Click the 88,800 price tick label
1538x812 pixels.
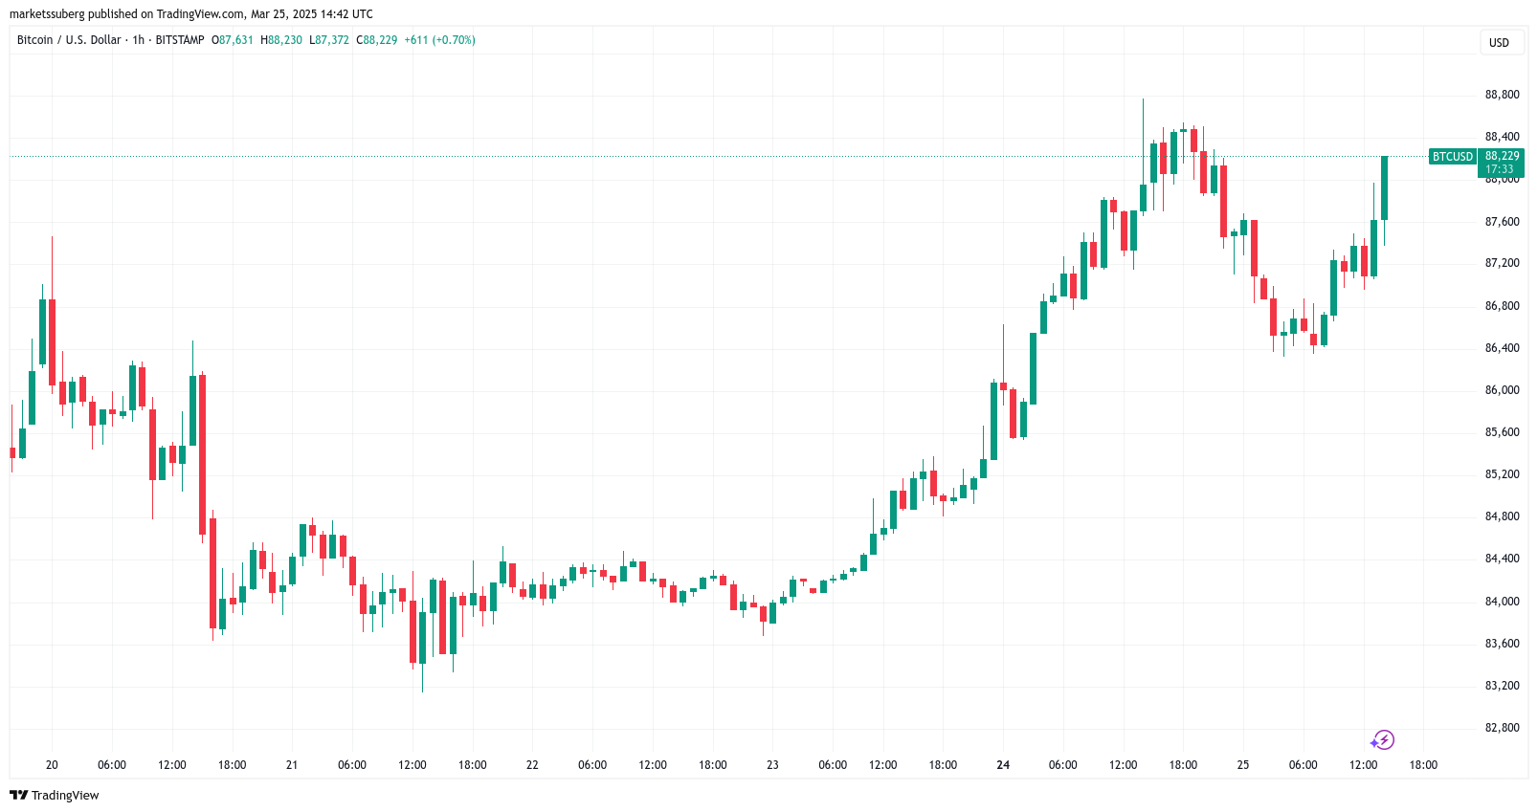pyautogui.click(x=1502, y=95)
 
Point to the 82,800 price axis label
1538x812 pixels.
pyautogui.click(x=1502, y=728)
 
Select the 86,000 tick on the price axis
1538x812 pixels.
pyautogui.click(x=1502, y=390)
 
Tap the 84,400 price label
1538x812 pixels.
pyautogui.click(x=1502, y=559)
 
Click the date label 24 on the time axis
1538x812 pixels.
pyautogui.click(x=1003, y=765)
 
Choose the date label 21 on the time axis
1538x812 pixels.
pyautogui.click(x=292, y=765)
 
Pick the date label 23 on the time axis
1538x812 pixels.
pyautogui.click(x=772, y=765)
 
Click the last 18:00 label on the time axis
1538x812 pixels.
pyautogui.click(x=1423, y=765)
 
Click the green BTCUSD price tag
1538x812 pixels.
pyautogui.click(x=1452, y=157)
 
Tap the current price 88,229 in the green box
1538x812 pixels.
pyautogui.click(x=1502, y=156)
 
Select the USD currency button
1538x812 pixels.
pyautogui.click(x=1499, y=43)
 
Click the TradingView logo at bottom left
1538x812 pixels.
pyautogui.click(x=55, y=796)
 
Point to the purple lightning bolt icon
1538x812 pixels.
pyautogui.click(x=1382, y=740)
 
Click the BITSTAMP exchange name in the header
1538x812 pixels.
pyautogui.click(x=180, y=40)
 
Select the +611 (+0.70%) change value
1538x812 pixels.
pyautogui.click(x=439, y=40)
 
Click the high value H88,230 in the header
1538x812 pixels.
pyautogui.click(x=281, y=40)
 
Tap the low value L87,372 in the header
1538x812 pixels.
pyautogui.click(x=329, y=40)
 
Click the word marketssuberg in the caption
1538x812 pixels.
pyautogui.click(x=47, y=14)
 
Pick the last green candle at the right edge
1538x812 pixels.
pyautogui.click(x=1384, y=188)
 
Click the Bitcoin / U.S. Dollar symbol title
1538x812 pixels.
pyautogui.click(x=69, y=40)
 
